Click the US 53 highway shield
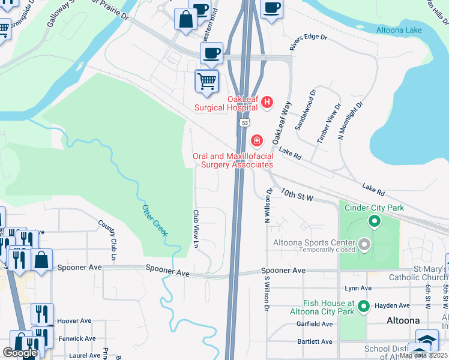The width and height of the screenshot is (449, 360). pos(244,122)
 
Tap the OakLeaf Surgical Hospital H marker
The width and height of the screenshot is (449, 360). pos(267,104)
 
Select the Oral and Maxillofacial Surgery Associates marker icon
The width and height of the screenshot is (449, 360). pos(257,141)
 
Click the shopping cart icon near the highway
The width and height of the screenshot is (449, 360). pos(206,81)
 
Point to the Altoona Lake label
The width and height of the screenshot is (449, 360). pos(399,30)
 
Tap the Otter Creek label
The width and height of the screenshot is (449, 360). pos(155,220)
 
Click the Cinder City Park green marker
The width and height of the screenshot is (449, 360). pos(375,222)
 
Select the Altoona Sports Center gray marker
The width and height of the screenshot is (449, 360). pos(364,244)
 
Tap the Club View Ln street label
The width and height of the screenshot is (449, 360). pos(196,229)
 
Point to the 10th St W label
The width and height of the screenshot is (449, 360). pos(297,194)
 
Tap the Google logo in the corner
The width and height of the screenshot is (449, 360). pos(20,353)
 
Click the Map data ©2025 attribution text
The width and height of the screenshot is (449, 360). pos(423,355)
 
